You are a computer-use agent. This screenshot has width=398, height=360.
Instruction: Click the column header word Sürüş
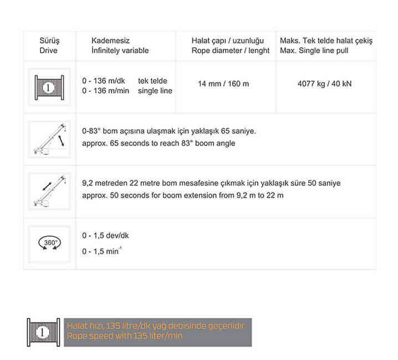(x=49, y=41)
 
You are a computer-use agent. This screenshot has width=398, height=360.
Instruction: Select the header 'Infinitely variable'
(x=120, y=50)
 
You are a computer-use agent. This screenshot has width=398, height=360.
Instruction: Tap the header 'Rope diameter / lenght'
(x=231, y=50)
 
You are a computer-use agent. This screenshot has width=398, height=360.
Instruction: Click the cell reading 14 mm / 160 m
(x=223, y=84)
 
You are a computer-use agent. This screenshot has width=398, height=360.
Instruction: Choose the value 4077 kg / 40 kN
(x=324, y=84)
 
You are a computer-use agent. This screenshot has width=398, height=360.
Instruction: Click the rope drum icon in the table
(x=49, y=87)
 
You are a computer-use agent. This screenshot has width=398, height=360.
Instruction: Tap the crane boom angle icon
(x=49, y=139)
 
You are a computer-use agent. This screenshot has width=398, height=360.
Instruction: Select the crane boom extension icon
(x=49, y=191)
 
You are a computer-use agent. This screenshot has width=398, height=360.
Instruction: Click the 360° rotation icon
(x=49, y=244)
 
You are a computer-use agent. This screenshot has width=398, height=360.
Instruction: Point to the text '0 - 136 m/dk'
(x=104, y=81)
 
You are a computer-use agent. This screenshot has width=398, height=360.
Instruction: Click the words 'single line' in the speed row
(x=155, y=91)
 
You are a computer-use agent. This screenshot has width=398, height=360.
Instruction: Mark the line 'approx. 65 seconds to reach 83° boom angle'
(x=158, y=143)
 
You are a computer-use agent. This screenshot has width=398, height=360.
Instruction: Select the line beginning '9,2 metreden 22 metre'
(x=211, y=183)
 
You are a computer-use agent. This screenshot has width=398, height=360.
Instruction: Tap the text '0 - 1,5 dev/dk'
(x=105, y=235)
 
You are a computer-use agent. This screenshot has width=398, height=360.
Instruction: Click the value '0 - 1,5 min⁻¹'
(x=102, y=251)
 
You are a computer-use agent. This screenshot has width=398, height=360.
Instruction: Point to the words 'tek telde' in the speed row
(x=152, y=81)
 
